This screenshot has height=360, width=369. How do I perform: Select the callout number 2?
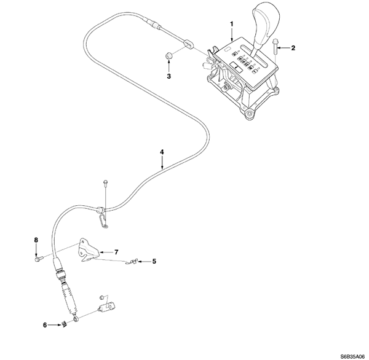tap(293, 47)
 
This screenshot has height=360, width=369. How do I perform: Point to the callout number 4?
tap(162, 151)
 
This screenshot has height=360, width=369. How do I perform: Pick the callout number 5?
tap(154, 261)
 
